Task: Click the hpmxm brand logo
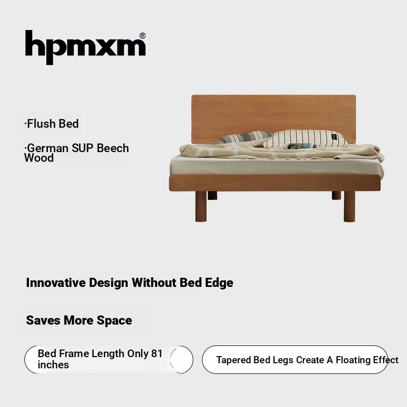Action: pyautogui.click(x=85, y=47)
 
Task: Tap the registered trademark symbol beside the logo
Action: pyautogui.click(x=142, y=36)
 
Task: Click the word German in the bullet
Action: pyautogui.click(x=47, y=148)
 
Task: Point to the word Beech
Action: pyautogui.click(x=112, y=148)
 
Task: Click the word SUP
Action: pyautogui.click(x=82, y=148)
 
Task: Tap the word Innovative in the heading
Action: pyautogui.click(x=56, y=283)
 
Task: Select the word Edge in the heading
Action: pyautogui.click(x=219, y=283)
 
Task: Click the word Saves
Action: pyautogui.click(x=43, y=321)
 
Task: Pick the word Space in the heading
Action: pyautogui.click(x=114, y=321)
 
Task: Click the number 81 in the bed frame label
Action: pyautogui.click(x=157, y=354)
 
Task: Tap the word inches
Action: pyautogui.click(x=53, y=365)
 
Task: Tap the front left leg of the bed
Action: pyautogui.click(x=200, y=207)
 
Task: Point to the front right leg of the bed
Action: pyautogui.click(x=350, y=207)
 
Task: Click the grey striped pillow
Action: pyautogui.click(x=245, y=138)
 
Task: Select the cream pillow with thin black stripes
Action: pyautogui.click(x=306, y=138)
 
